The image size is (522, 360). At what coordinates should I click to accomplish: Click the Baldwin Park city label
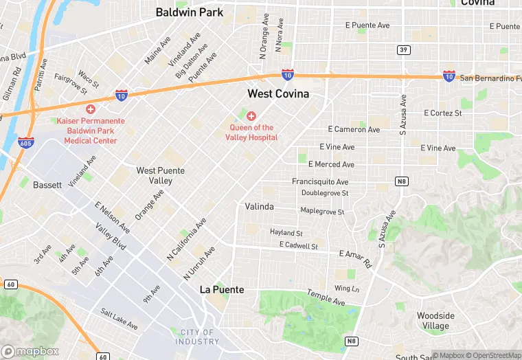pyautogui.click(x=189, y=12)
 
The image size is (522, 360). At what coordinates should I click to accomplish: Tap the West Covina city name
pyautogui.click(x=278, y=93)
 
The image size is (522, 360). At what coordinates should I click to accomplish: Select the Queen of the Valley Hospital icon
pyautogui.click(x=251, y=116)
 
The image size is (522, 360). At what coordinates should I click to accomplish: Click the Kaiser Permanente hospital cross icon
pyautogui.click(x=90, y=109)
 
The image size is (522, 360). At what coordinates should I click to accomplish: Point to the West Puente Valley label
pyautogui.click(x=155, y=175)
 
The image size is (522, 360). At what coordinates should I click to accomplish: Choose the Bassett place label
pyautogui.click(x=47, y=185)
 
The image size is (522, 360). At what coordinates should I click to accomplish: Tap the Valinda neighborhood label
pyautogui.click(x=259, y=206)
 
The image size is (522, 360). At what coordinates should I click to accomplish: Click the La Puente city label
pyautogui.click(x=222, y=289)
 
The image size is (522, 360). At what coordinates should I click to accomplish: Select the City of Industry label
pyautogui.click(x=197, y=337)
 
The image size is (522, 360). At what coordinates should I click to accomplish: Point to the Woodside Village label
pyautogui.click(x=435, y=321)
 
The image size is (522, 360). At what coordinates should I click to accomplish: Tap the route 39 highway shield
pyautogui.click(x=404, y=49)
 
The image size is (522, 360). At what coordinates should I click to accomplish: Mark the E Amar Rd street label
pyautogui.click(x=354, y=257)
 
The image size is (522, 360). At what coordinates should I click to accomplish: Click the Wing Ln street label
pyautogui.click(x=346, y=288)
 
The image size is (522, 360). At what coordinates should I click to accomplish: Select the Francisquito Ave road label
pyautogui.click(x=319, y=182)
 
